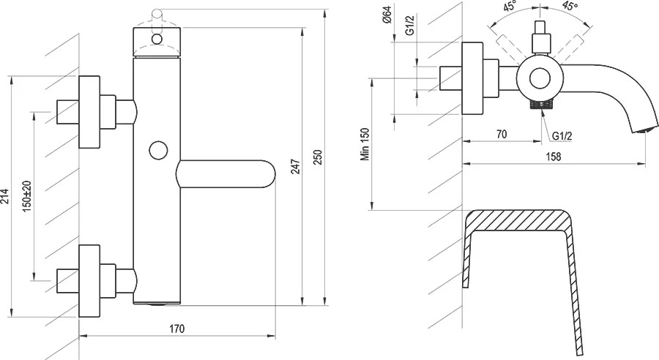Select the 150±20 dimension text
coord(27,196)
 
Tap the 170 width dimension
coord(177,328)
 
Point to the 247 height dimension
coord(296,167)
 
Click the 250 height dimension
coord(318,157)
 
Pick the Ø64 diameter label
coord(387,15)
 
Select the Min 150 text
coord(365,144)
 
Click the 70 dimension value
coord(502,134)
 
